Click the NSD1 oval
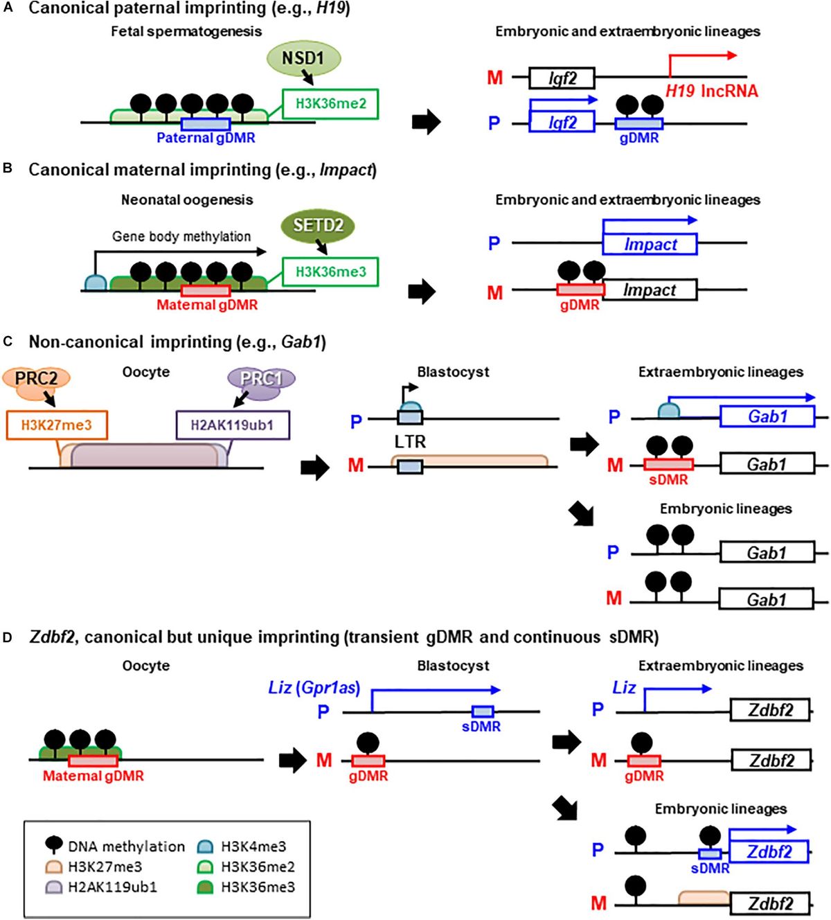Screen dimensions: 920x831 pos(303,58)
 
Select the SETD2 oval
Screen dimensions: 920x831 pos(318,226)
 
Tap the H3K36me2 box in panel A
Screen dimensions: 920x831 pos(330,104)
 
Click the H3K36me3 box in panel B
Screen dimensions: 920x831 pos(330,272)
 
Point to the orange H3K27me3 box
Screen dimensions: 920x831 pos(57,425)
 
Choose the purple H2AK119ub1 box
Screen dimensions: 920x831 pos(231,425)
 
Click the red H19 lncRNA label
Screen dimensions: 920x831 pos(711,91)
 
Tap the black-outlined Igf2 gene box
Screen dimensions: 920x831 pos(562,78)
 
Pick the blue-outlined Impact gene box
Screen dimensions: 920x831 pos(650,245)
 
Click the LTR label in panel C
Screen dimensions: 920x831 pos(410,441)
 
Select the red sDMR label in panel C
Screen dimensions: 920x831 pos(668,479)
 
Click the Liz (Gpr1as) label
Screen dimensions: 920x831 pos(314,688)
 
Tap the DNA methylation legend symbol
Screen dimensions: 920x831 pos(54,845)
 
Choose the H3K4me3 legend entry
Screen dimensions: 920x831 pos(253,847)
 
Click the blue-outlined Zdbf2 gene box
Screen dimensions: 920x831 pos(769,852)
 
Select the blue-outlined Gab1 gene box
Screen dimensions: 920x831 pos(767,416)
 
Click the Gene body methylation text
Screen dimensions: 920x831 pos(181,236)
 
